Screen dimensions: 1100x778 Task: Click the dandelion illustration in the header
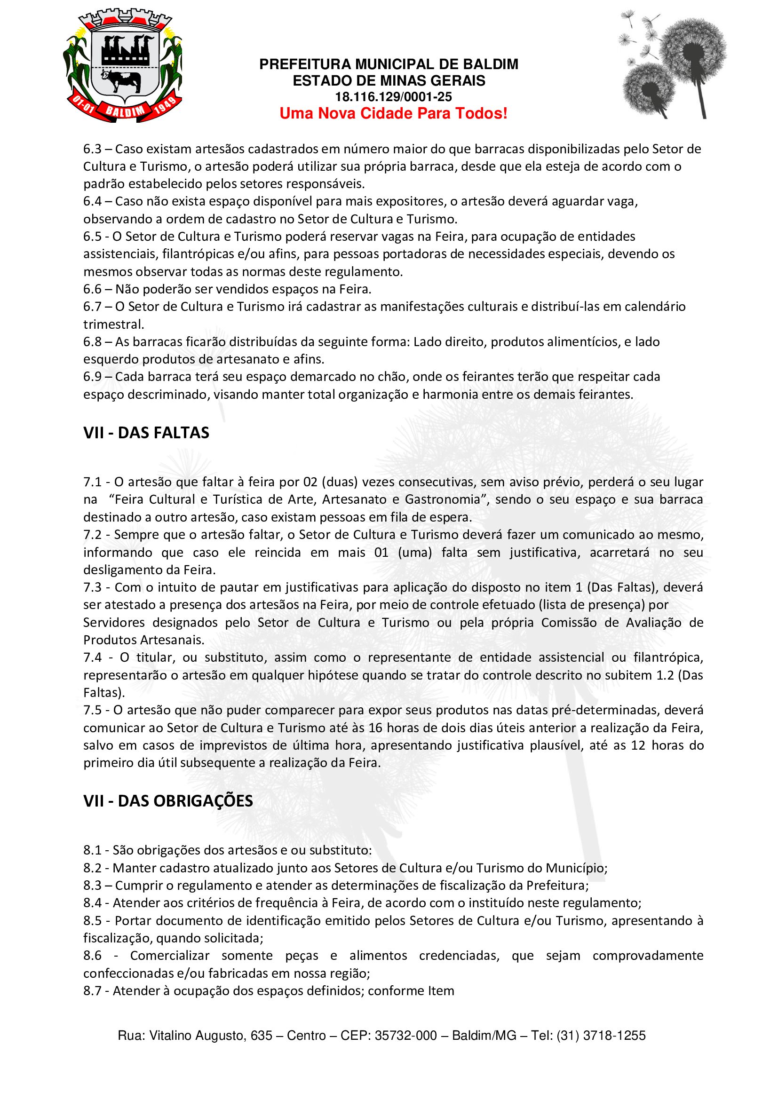(x=673, y=65)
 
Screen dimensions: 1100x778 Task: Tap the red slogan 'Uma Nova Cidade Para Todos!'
(x=393, y=113)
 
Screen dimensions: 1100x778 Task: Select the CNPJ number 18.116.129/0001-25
(x=393, y=97)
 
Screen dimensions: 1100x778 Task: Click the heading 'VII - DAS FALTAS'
(x=146, y=433)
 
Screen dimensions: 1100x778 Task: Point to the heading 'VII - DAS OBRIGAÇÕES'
(x=167, y=800)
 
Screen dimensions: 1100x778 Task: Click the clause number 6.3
(x=92, y=149)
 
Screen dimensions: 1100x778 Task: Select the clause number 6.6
(x=92, y=289)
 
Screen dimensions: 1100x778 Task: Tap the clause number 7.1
(x=92, y=482)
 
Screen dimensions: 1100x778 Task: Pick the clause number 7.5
(x=92, y=710)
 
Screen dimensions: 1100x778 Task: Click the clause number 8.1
(x=92, y=850)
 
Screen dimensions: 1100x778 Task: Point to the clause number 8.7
(x=92, y=990)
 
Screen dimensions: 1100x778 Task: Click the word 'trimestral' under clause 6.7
(x=113, y=324)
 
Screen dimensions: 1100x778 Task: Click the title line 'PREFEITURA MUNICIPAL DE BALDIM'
(x=389, y=64)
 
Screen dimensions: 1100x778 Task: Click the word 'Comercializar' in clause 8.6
(x=170, y=955)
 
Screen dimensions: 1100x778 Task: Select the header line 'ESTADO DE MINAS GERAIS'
(x=389, y=80)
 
